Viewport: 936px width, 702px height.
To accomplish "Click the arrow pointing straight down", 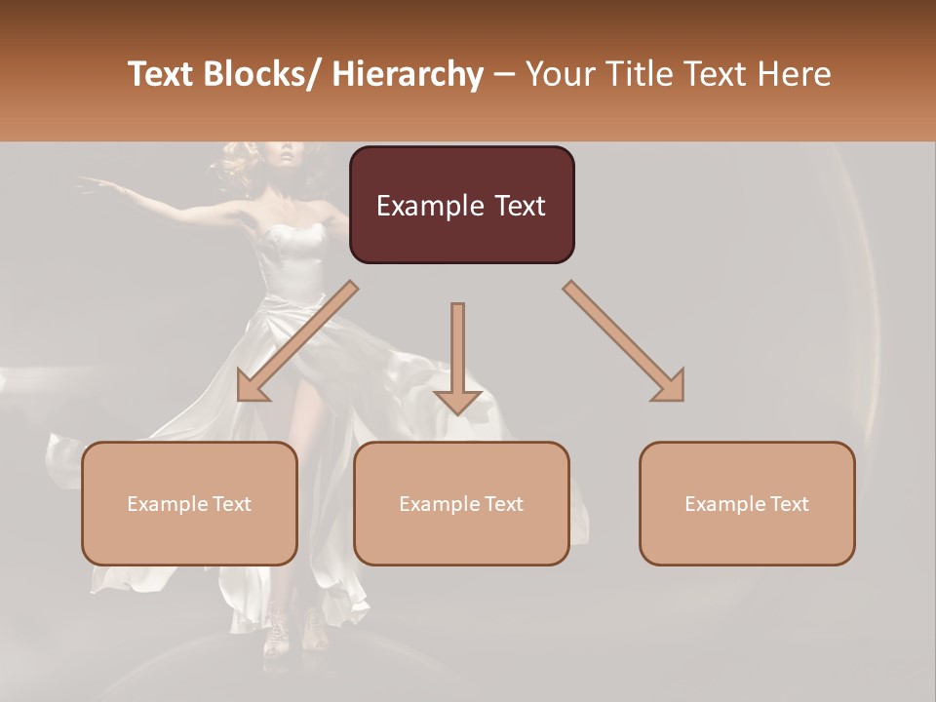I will click(457, 361).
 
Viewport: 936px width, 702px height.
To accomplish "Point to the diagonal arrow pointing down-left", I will click(292, 341).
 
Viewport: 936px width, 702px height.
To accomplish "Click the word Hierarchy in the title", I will click(408, 75).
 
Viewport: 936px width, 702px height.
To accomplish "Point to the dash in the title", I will click(504, 75).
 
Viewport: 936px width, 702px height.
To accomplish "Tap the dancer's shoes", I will click(292, 629).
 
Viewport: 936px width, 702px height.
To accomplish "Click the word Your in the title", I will click(558, 75).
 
